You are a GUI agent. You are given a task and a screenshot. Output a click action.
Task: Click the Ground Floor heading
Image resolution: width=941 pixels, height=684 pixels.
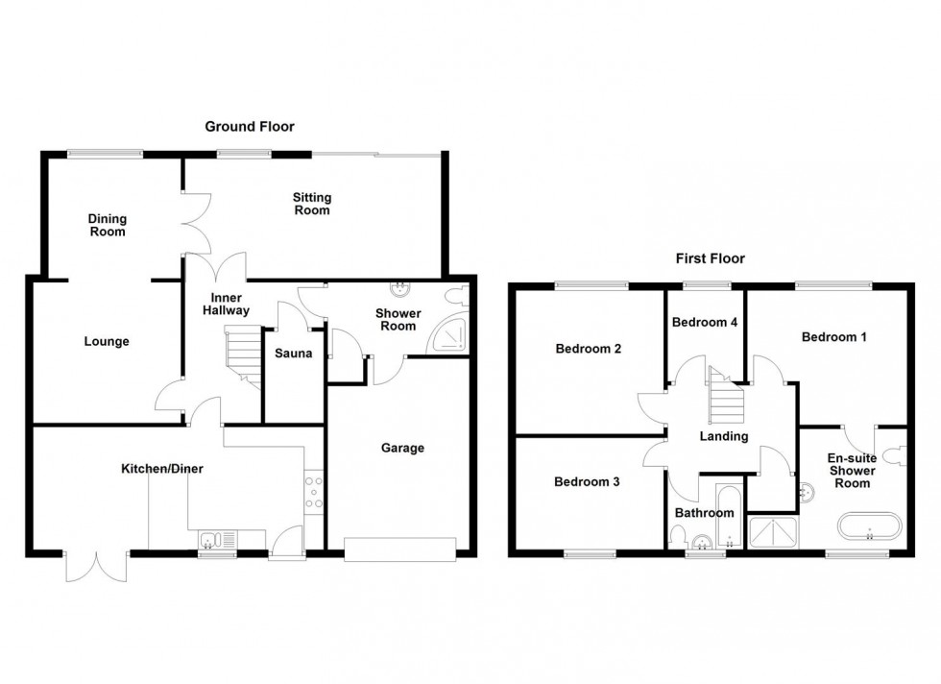(x=249, y=127)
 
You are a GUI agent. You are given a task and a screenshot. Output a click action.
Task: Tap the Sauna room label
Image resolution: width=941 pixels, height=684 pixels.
(x=293, y=354)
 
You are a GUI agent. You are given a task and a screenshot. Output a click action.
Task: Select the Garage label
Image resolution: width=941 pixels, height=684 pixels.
(x=401, y=448)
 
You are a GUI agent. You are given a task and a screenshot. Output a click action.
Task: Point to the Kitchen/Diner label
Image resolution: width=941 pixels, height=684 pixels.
(x=161, y=469)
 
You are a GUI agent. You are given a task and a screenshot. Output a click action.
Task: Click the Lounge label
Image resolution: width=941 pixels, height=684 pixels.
(x=106, y=341)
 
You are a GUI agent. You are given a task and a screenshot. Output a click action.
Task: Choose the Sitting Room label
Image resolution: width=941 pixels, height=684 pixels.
(x=312, y=204)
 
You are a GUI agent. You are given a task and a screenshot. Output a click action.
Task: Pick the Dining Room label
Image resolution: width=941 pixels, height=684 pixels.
(x=107, y=225)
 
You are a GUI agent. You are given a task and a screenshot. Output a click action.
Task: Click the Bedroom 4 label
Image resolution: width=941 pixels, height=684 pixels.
(x=704, y=323)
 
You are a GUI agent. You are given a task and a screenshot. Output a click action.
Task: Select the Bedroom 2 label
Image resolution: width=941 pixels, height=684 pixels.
(x=588, y=349)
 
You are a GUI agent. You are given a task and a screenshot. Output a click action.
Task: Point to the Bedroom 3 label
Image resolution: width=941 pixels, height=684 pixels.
(x=586, y=482)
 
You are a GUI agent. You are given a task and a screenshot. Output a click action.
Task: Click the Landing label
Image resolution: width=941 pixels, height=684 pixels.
(x=723, y=436)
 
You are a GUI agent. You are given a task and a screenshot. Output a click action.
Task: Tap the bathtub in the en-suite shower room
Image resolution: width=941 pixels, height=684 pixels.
(x=867, y=526)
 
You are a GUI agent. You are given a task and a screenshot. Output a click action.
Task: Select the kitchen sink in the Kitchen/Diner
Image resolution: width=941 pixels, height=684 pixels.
(x=217, y=538)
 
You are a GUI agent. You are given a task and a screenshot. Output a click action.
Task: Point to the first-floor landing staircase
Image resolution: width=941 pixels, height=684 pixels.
(x=725, y=399)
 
